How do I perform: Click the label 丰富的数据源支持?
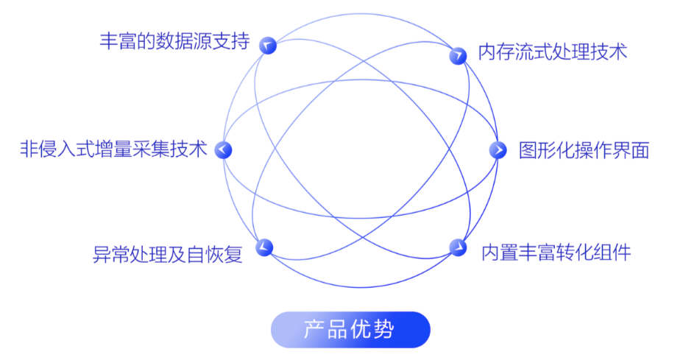point(174,41)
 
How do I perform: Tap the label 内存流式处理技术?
point(553,52)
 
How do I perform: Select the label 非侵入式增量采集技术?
point(114,149)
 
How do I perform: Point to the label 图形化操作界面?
point(584,150)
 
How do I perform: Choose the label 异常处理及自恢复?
point(168,255)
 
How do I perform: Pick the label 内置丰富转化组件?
point(556,253)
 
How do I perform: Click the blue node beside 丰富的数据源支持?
point(268,46)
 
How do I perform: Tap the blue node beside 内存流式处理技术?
point(458,56)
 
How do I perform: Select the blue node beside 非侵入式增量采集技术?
point(223,149)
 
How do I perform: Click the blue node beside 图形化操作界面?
point(498,150)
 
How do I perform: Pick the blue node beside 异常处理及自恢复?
point(264,247)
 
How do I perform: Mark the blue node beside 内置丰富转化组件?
point(458,247)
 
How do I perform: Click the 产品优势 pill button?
point(350,330)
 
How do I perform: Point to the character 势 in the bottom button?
point(384,330)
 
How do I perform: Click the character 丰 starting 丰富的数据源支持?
point(109,41)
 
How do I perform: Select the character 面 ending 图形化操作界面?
point(640,150)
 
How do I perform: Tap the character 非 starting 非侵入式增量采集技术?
point(29,149)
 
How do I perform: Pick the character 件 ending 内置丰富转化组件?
point(622,253)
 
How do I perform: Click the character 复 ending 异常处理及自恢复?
point(233,255)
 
